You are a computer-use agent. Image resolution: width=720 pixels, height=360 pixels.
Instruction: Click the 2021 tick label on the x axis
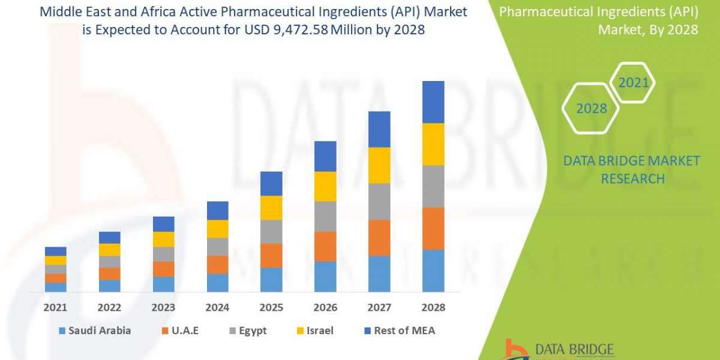tap(55, 307)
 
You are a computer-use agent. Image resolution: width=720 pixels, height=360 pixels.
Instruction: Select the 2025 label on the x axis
tap(271, 307)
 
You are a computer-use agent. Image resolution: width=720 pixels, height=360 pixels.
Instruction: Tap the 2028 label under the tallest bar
tap(433, 307)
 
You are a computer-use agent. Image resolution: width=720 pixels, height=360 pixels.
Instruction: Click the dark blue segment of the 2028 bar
tap(433, 102)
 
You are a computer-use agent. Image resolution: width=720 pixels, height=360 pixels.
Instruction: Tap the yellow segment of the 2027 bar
tap(379, 165)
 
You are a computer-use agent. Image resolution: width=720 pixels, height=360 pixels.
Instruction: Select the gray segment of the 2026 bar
tap(325, 216)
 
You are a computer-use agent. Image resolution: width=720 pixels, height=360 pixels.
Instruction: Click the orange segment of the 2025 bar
tap(271, 255)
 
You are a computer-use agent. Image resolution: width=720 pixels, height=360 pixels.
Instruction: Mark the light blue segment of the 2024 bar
tap(217, 283)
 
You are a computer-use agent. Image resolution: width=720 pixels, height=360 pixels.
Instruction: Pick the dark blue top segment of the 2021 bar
tap(55, 251)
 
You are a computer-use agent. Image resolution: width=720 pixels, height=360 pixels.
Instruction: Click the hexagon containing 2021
tap(634, 83)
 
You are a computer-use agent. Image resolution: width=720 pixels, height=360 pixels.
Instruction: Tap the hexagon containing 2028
tap(591, 109)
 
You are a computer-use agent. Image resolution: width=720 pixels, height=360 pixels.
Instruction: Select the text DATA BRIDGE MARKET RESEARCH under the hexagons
tap(632, 170)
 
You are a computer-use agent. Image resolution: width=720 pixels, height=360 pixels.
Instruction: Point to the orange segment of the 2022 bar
tap(109, 274)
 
